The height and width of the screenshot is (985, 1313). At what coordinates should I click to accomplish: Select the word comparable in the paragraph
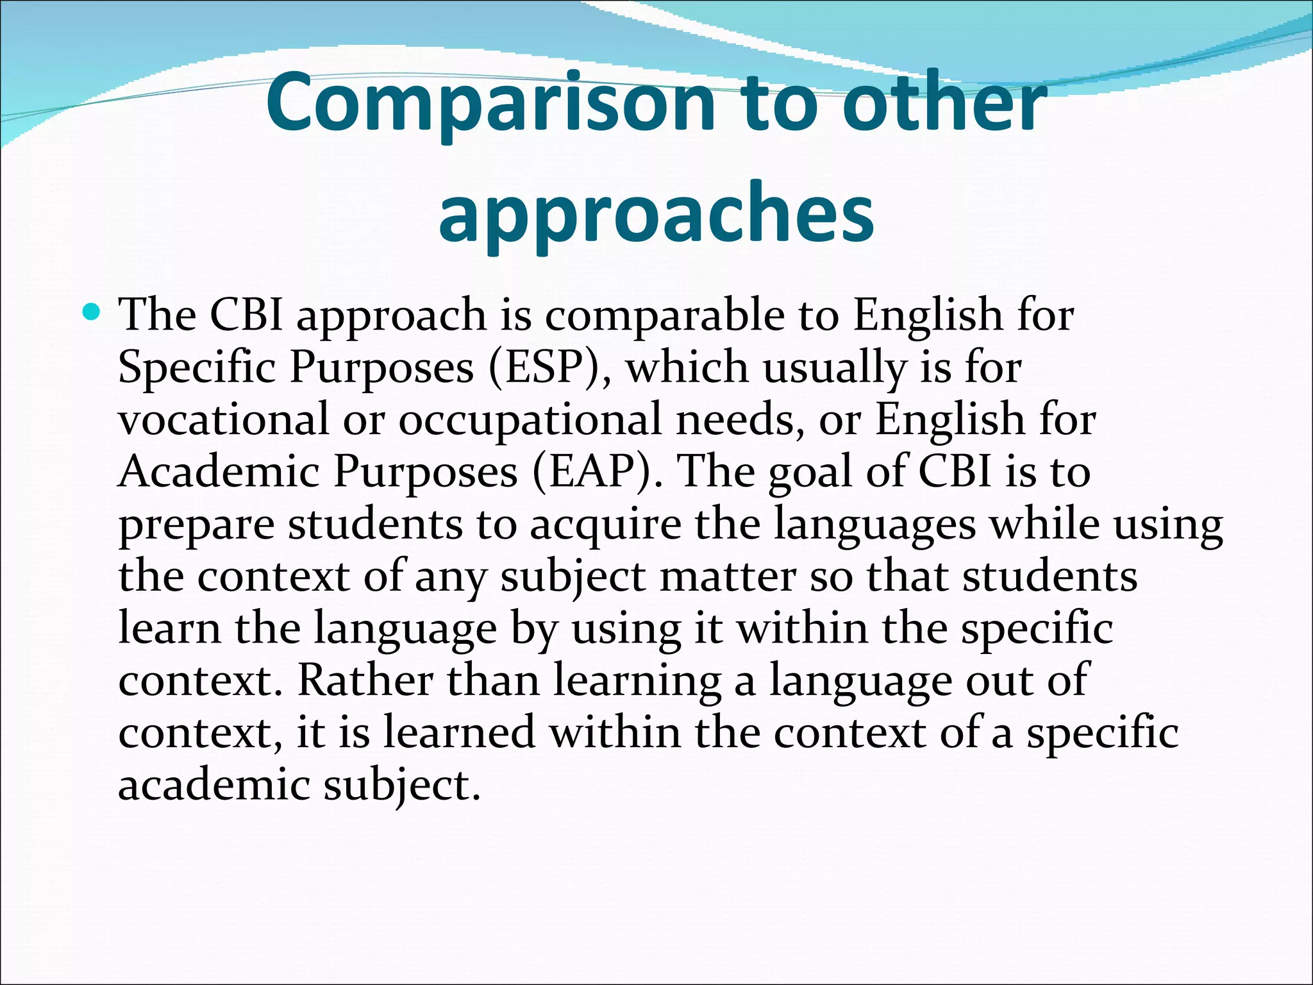coord(664,316)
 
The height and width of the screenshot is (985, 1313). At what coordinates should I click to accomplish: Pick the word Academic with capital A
coord(219,471)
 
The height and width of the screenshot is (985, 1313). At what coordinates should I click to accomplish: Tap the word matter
coord(728,577)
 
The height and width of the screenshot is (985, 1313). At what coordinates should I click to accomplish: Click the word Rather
coord(365,680)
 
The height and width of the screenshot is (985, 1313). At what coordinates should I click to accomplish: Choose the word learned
coord(459,732)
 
